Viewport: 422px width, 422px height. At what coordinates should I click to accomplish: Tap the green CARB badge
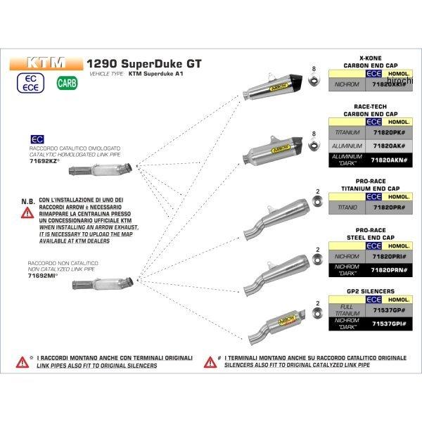coord(63,84)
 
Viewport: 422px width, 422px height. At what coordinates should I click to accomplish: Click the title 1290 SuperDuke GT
coord(143,63)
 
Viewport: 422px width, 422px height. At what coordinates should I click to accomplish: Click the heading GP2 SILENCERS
coord(361,290)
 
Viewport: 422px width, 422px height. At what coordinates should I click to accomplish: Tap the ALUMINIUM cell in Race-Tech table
coord(347,146)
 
